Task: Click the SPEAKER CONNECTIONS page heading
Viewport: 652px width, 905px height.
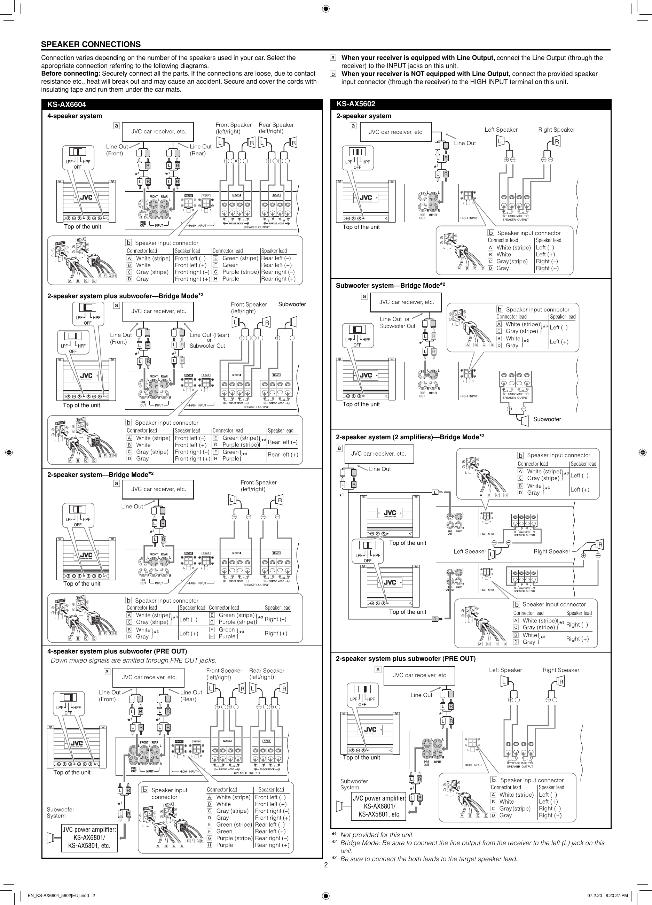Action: point(91,44)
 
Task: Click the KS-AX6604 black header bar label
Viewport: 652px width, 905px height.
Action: point(66,105)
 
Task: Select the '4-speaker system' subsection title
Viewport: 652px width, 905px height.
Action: point(74,116)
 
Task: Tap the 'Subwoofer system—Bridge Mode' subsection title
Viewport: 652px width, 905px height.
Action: point(387,286)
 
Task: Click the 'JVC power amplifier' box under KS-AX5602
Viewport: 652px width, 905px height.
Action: point(379,806)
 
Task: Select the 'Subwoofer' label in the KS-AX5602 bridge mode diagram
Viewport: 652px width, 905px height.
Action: point(547,419)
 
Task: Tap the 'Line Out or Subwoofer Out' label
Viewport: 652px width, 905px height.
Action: point(397,323)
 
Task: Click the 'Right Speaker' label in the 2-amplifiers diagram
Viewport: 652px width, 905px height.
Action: point(551,551)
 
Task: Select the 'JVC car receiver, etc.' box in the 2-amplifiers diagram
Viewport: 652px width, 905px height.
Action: point(378,454)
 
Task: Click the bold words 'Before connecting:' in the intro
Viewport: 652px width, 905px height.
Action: point(71,74)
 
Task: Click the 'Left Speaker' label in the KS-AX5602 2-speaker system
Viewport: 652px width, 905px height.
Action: point(501,130)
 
